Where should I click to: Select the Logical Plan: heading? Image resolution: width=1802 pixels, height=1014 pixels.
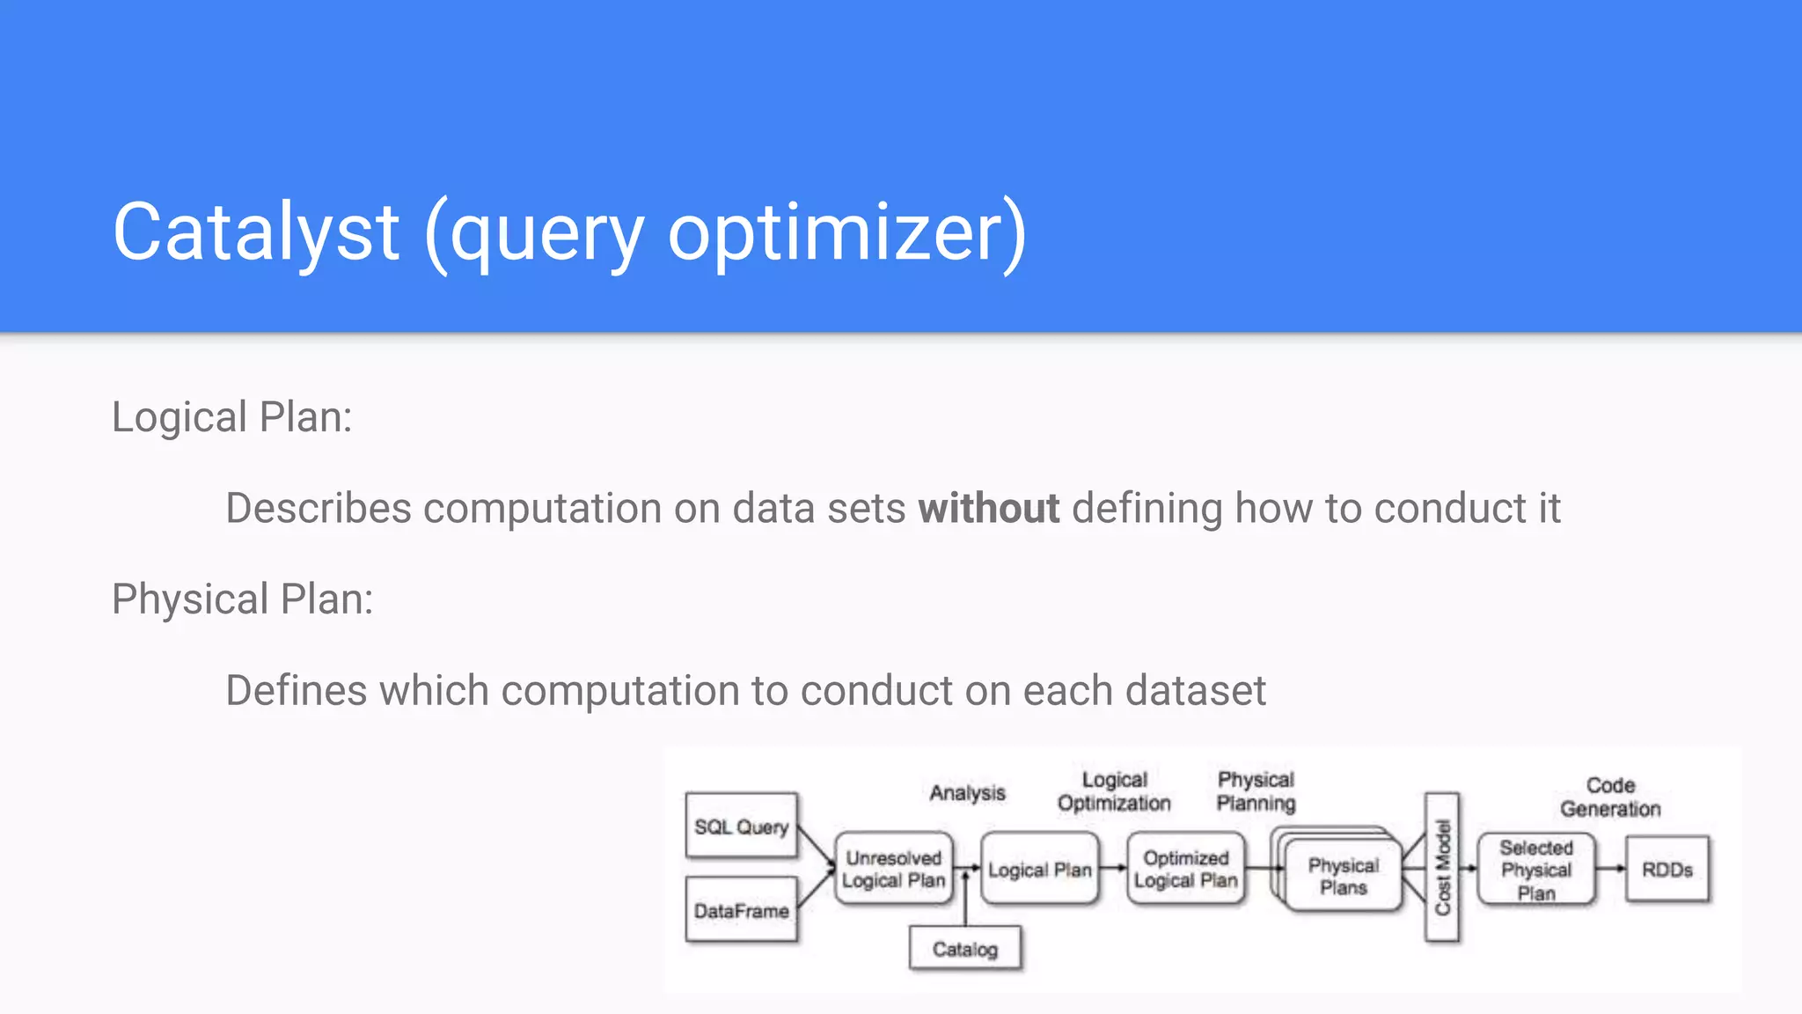click(231, 417)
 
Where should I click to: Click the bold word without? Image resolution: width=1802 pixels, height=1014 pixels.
click(988, 509)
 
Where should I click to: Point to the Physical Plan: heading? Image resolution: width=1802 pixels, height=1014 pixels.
click(242, 599)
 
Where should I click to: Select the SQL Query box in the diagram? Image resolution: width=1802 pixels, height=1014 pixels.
click(741, 826)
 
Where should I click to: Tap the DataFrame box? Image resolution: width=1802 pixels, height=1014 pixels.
click(741, 910)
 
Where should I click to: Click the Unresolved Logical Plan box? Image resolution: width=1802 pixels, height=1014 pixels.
click(893, 869)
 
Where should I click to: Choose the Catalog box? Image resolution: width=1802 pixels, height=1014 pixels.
click(965, 948)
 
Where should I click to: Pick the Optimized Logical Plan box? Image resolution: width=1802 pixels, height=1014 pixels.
click(1185, 869)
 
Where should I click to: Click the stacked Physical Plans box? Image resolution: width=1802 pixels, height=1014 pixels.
click(1343, 876)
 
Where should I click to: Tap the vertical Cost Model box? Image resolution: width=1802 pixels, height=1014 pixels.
click(1442, 867)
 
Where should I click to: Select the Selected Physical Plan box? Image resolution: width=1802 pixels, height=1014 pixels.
click(1535, 870)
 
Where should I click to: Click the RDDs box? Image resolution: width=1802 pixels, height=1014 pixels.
click(1667, 870)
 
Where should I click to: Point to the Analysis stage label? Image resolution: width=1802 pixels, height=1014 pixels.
click(967, 793)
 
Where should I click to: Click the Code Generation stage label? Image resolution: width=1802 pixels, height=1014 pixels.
click(1610, 797)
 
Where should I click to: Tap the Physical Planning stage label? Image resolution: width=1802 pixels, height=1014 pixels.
click(1256, 791)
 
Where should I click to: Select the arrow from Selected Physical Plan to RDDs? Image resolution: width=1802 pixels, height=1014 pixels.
click(1610, 869)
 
